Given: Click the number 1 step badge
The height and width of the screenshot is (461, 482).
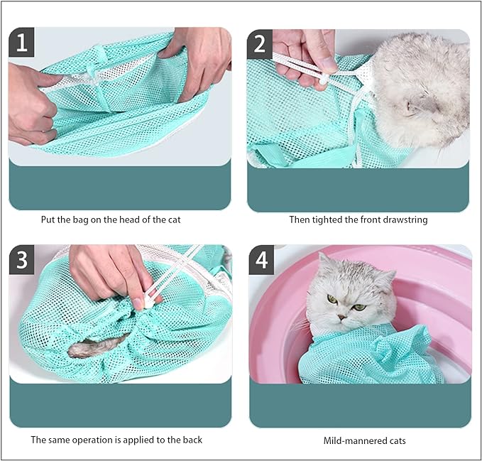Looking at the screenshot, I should coord(22,43).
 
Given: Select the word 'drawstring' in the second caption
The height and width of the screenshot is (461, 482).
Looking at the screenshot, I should coord(403,219).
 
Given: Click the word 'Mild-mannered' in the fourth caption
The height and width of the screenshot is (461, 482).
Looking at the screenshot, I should coord(353,440).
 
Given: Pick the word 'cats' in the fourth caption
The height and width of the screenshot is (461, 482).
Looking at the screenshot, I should coord(395,440).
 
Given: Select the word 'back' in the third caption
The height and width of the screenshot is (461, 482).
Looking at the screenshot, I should coord(191,440).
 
